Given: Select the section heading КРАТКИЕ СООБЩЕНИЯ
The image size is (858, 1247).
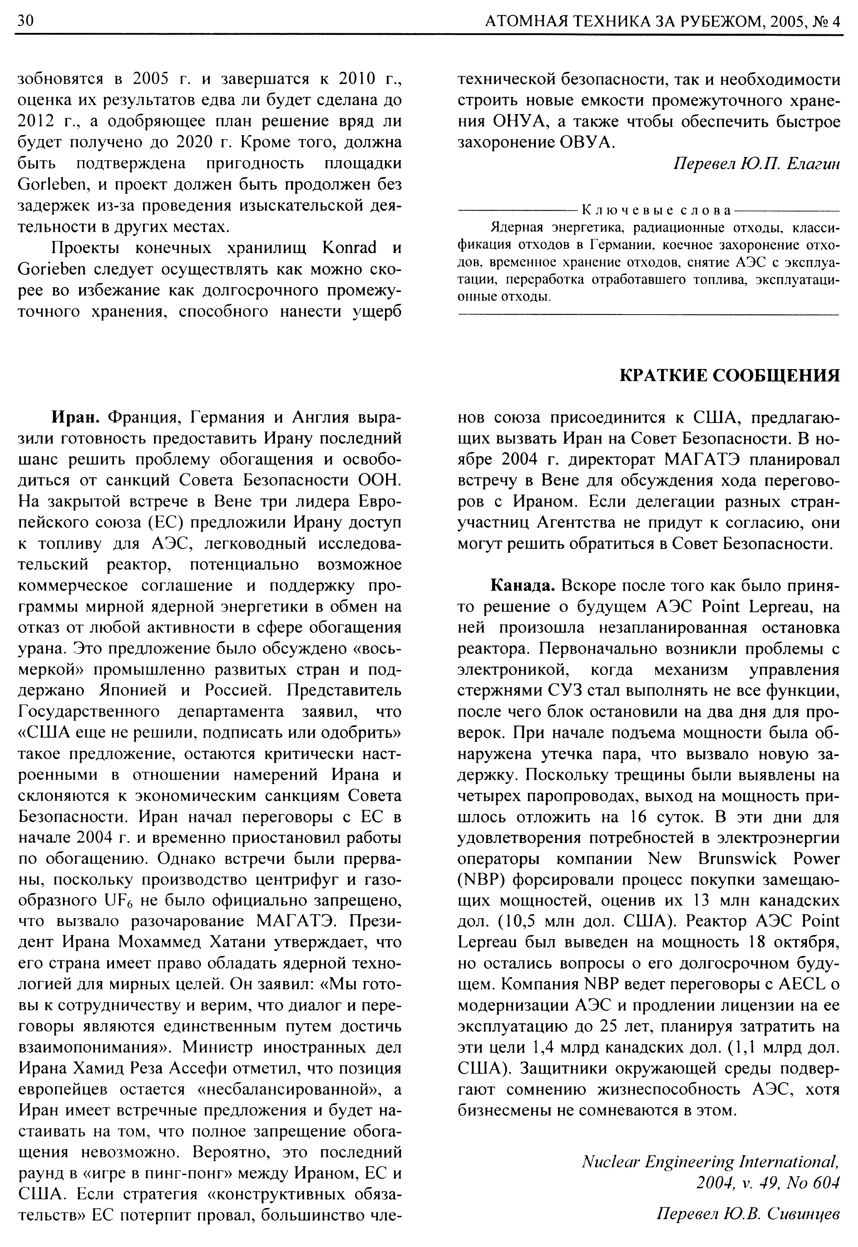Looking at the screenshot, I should coord(730,375).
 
